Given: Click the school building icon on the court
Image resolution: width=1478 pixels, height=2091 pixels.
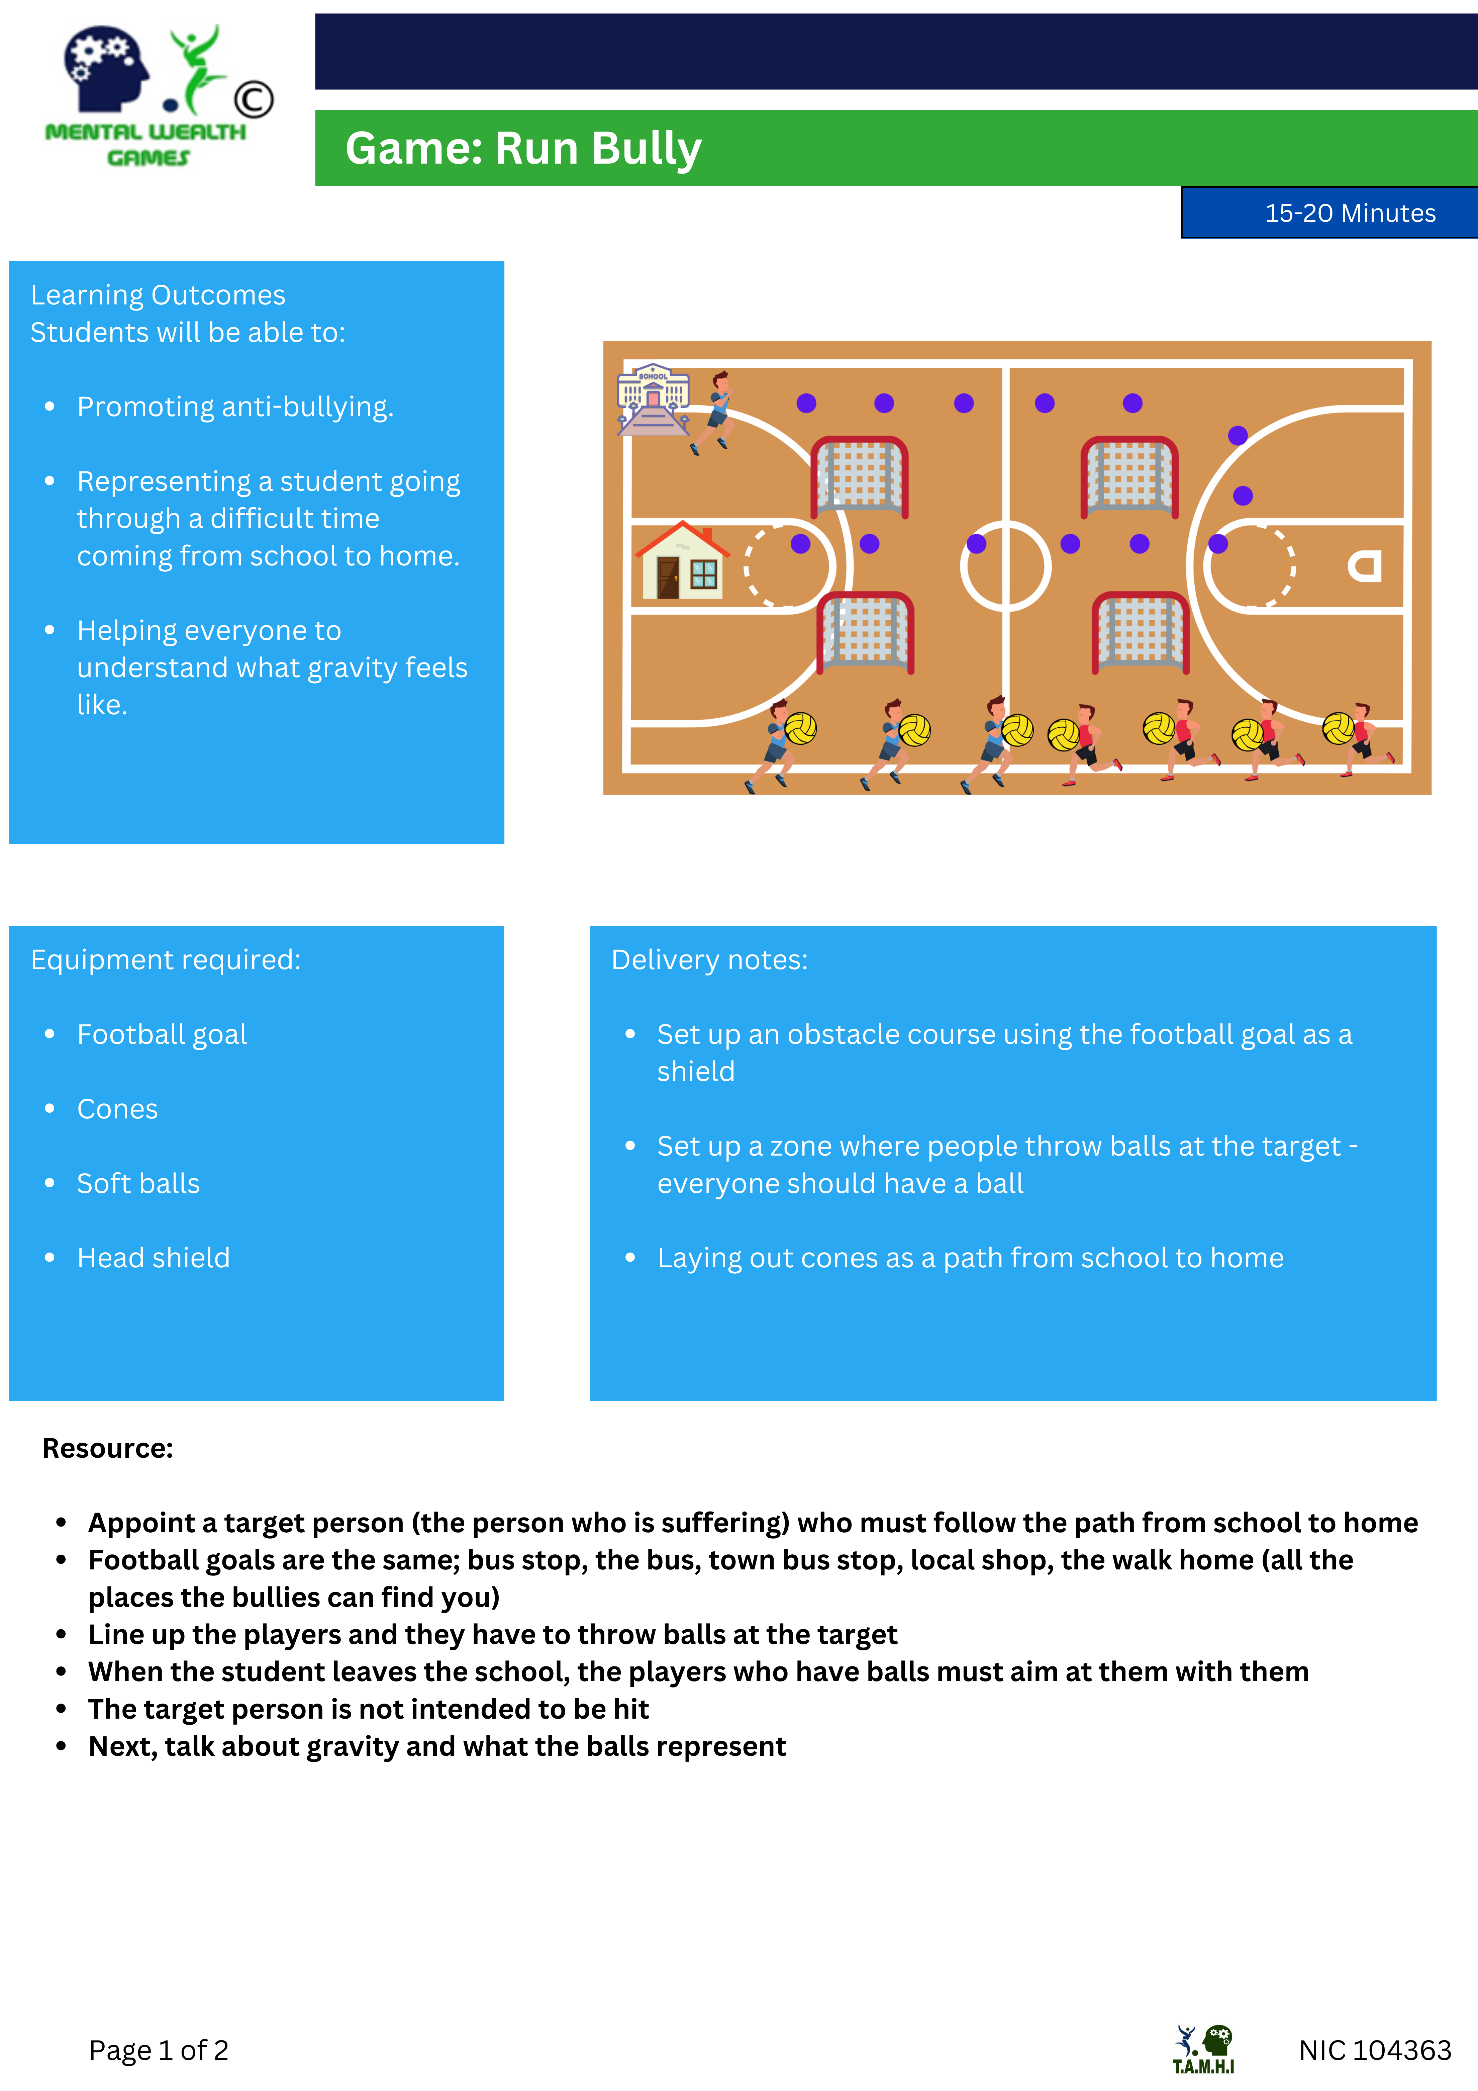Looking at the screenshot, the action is tap(653, 399).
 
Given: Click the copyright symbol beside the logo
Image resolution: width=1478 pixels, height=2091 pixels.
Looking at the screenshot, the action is tap(253, 99).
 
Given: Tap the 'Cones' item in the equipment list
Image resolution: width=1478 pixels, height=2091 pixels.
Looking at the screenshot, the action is tap(117, 1109).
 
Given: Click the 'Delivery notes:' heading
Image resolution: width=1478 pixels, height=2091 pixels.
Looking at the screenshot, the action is tap(709, 960).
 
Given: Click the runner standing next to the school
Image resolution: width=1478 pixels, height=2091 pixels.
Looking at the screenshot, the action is tap(713, 412).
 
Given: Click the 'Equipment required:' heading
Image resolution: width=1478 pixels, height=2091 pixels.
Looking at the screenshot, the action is tap(166, 960).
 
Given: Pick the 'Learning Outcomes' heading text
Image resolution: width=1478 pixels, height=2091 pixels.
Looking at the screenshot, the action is tap(158, 295).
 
